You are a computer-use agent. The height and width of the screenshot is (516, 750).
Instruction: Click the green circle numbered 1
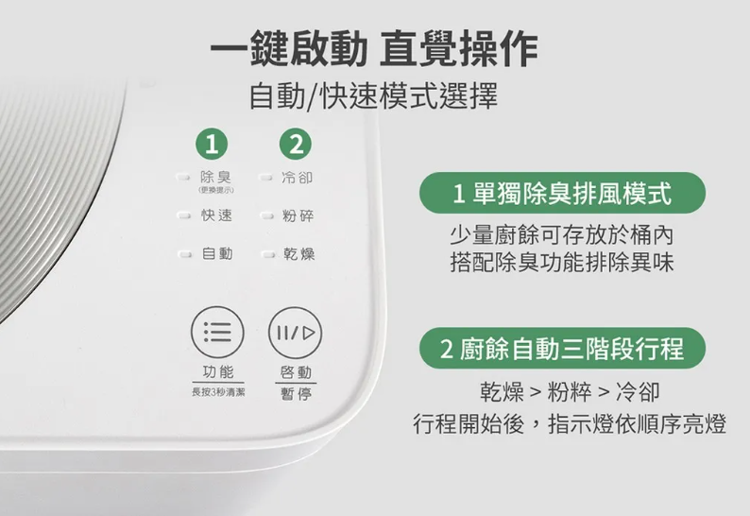212,144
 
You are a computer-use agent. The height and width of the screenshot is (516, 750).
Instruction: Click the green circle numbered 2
296,144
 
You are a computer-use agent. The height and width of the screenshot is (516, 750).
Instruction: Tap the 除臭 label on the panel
215,177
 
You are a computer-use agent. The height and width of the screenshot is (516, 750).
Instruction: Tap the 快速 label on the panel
216,215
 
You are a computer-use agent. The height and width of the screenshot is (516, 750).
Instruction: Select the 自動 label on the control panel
217,253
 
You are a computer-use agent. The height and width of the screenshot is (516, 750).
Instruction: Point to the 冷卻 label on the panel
297,178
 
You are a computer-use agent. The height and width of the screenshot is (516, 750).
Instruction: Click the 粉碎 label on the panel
298,215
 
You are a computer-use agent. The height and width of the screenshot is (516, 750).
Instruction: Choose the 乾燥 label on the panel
298,253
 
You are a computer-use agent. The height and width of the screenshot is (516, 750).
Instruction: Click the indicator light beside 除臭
182,178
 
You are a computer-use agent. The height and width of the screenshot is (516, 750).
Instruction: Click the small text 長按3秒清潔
218,392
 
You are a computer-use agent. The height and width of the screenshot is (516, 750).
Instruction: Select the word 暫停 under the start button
296,394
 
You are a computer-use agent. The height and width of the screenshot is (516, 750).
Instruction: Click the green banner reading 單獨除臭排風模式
562,193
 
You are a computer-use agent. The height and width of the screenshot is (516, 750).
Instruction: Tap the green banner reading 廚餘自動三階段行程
562,348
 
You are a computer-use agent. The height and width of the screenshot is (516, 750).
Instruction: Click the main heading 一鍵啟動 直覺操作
374,48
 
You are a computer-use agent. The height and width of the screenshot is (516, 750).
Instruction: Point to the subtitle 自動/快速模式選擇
373,95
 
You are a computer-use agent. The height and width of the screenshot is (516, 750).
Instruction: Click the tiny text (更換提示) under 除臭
216,190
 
